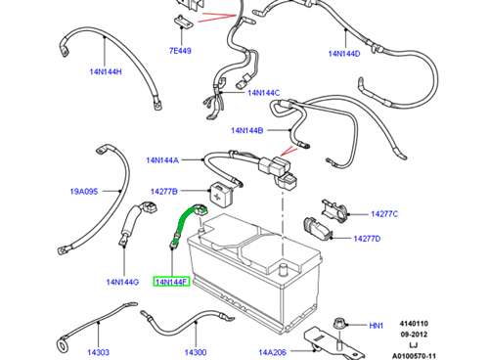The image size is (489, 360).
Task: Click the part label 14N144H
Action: pos(106,71)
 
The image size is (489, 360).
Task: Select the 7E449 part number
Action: pos(180,51)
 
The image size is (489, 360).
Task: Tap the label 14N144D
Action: pos(344,54)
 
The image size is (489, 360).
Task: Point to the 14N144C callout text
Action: pos(263,93)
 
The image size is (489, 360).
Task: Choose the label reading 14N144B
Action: pos(246,130)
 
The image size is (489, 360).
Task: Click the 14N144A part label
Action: pos(162,160)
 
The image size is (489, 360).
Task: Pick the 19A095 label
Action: pos(84,192)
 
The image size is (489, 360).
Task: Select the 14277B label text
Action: pos(163,192)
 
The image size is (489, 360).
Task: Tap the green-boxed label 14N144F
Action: pos(171,282)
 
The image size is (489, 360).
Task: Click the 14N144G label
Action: pos(122,282)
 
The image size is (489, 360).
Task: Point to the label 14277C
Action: pos(384,214)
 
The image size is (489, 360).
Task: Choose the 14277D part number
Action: pos(367,239)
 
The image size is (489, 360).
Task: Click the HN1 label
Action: pos(377,326)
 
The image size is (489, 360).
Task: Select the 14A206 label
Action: pos(272,352)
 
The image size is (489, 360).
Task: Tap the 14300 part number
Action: pos(196,352)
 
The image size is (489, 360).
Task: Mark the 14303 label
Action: pos(98,352)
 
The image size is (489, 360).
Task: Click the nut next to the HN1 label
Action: pos(338,324)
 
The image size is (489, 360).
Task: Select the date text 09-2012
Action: pos(414,335)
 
